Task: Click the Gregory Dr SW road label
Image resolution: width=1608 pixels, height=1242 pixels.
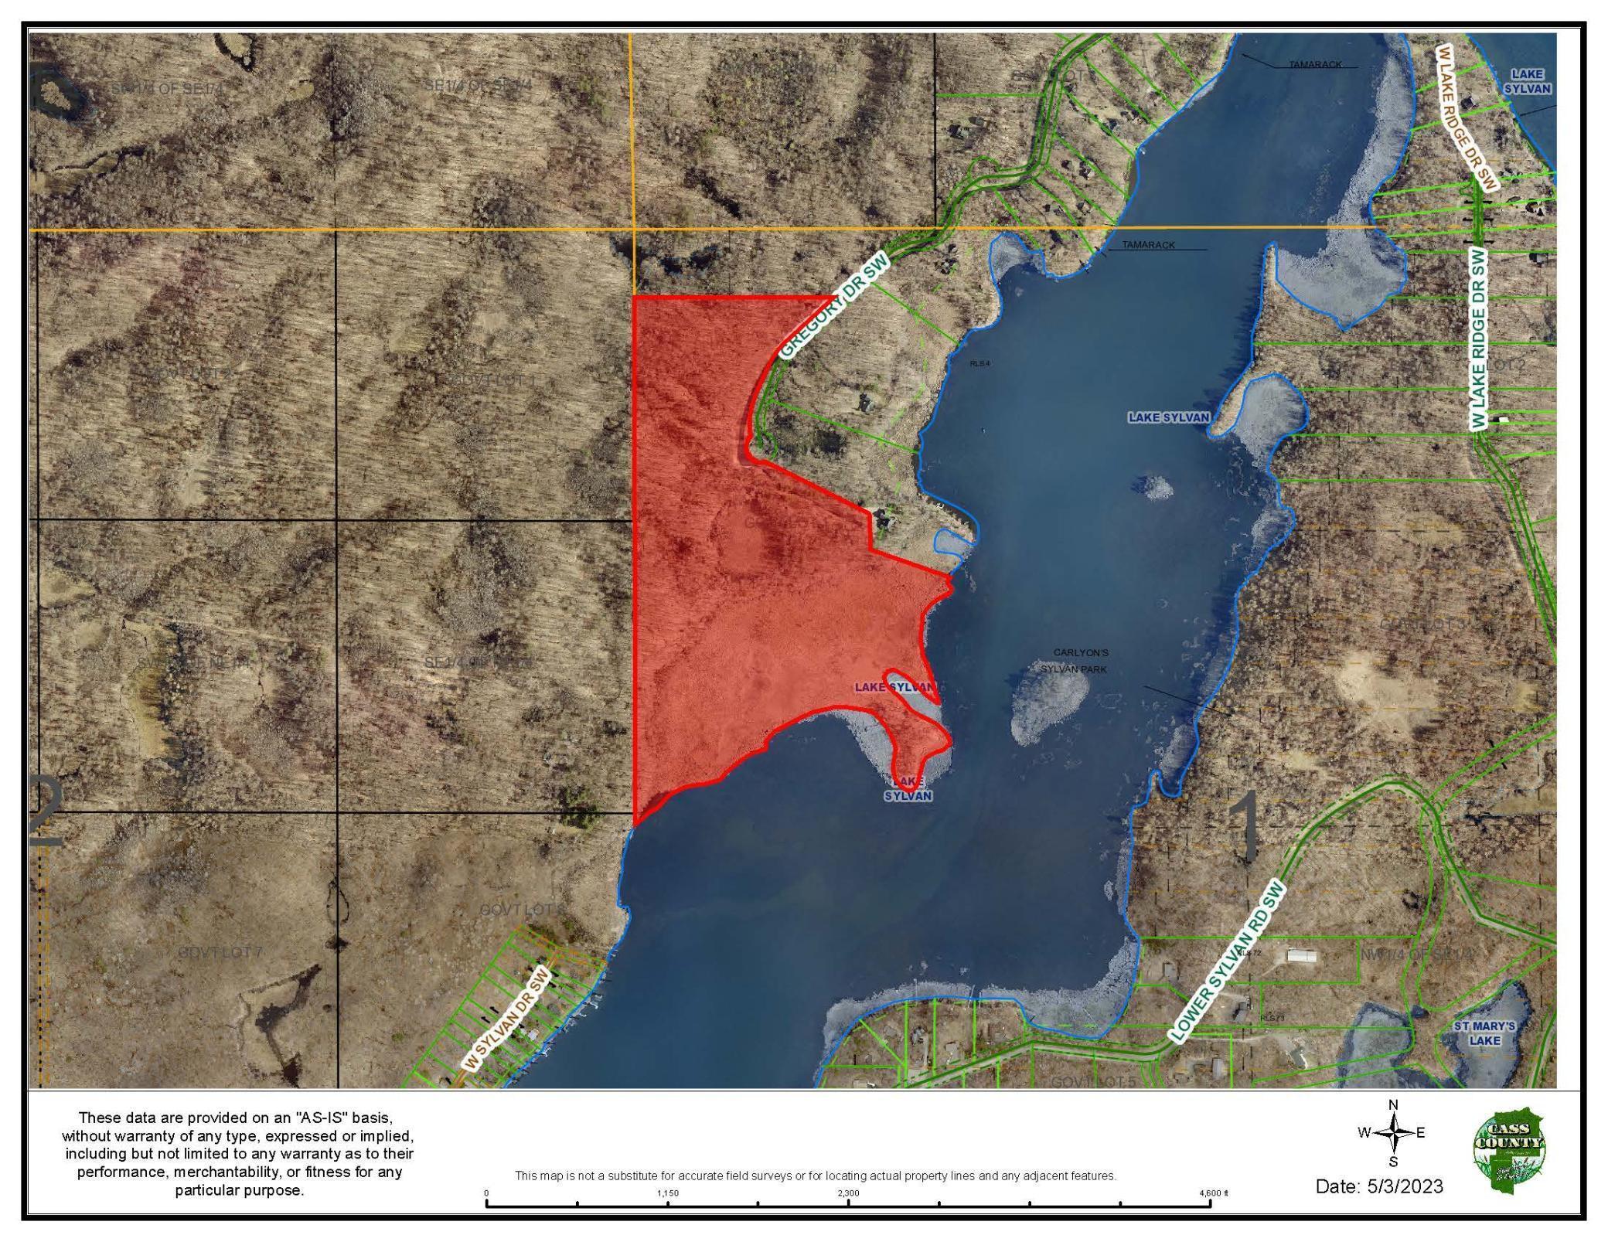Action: pos(834,307)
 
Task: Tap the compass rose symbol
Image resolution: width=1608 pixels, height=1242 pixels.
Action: pos(1393,1133)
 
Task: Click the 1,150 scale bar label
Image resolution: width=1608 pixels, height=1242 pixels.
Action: pos(667,1193)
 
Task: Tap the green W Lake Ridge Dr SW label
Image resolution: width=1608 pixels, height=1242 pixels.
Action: pos(1478,339)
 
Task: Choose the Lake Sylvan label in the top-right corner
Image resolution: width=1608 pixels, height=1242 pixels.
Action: pos(1527,81)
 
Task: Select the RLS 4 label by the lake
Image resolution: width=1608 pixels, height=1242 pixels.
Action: pos(979,363)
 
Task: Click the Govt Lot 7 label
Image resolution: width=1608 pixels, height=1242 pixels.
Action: pos(220,953)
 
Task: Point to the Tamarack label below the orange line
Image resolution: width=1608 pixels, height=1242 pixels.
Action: pos(1149,245)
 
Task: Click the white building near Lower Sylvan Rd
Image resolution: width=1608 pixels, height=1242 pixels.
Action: pos(1301,956)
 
